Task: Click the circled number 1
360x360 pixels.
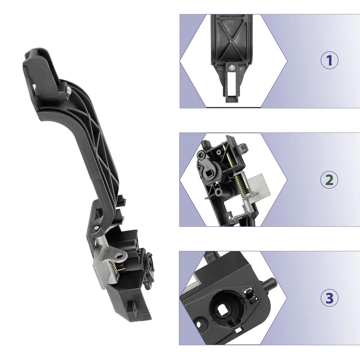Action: (329, 60)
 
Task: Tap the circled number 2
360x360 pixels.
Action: (329, 180)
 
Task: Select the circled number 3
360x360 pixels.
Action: (329, 298)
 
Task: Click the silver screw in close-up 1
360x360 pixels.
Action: (231, 67)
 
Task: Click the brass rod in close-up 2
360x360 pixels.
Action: (229, 156)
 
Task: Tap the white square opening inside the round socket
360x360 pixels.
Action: (222, 309)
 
